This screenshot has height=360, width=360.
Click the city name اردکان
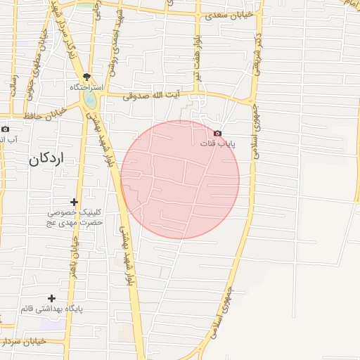point(46,160)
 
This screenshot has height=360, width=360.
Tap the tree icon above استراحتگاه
point(86,77)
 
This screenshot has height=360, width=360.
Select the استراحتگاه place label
point(86,87)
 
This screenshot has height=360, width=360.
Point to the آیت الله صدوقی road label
point(150,95)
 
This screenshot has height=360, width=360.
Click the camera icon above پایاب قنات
point(217,134)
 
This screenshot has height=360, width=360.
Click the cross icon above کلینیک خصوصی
point(74,202)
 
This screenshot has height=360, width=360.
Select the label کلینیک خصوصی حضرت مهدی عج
point(75,217)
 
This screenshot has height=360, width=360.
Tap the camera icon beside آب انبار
point(6,129)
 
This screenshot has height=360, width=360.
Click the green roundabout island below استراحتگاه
point(90,101)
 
